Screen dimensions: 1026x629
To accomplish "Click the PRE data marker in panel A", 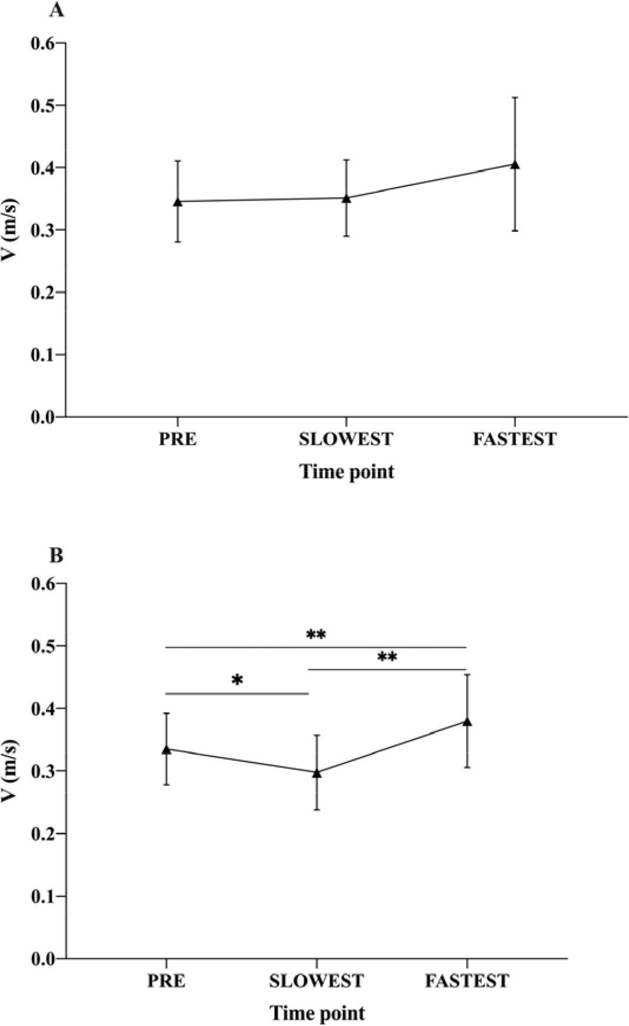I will pyautogui.click(x=178, y=202).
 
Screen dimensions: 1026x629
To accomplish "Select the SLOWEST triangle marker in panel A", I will pyautogui.click(x=347, y=198).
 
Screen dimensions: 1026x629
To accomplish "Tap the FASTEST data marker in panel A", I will pyautogui.click(x=515, y=165).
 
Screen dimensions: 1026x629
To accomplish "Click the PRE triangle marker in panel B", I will pyautogui.click(x=167, y=749).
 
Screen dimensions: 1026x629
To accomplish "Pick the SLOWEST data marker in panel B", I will pyautogui.click(x=317, y=772).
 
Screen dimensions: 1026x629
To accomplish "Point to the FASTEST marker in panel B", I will pyautogui.click(x=467, y=721).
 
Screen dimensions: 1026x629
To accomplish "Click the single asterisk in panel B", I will pyautogui.click(x=237, y=681).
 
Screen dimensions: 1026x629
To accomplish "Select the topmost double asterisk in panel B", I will pyautogui.click(x=316, y=635).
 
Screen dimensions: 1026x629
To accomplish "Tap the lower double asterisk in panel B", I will pyautogui.click(x=387, y=657).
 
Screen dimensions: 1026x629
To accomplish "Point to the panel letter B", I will pyautogui.click(x=56, y=555).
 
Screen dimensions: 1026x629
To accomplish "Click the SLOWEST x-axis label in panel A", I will pyautogui.click(x=346, y=439).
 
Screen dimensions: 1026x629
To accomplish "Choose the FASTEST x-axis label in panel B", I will pyautogui.click(x=467, y=981).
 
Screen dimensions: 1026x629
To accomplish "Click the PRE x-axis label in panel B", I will pyautogui.click(x=167, y=981).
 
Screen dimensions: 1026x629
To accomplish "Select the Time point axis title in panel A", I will pyautogui.click(x=347, y=472).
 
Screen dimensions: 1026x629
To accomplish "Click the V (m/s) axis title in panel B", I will pyautogui.click(x=12, y=771).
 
